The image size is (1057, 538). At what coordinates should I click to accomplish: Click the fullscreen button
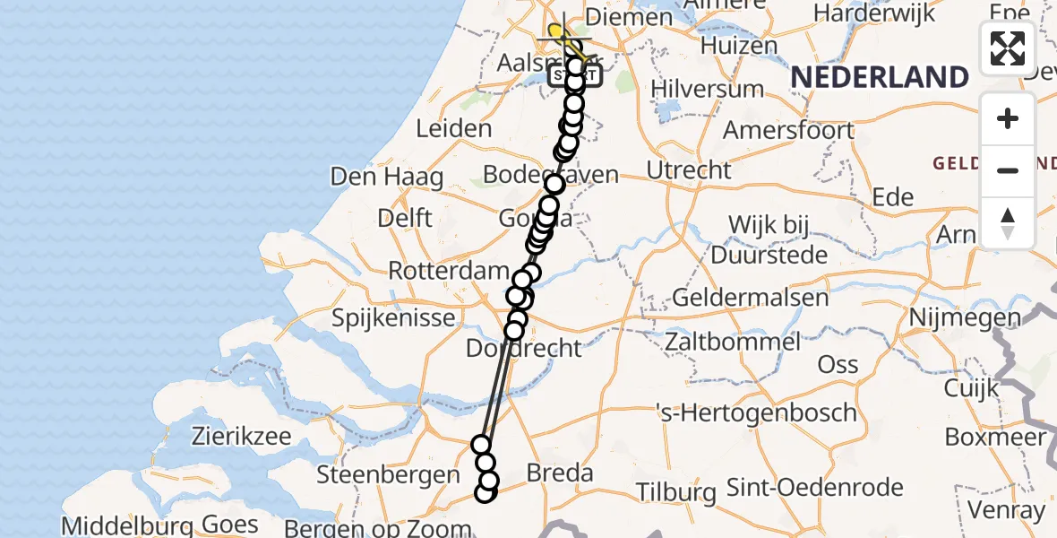point(1008,48)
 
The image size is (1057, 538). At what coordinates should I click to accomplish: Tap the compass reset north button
point(1008,223)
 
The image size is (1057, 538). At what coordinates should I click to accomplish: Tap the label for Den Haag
point(387,177)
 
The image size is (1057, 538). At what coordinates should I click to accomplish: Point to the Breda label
point(560,473)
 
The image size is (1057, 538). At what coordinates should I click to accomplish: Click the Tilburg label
point(676,491)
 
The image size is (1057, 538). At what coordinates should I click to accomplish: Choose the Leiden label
point(454,128)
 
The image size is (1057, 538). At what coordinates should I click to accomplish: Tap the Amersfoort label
point(788,130)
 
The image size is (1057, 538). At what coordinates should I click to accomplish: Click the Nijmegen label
point(965,317)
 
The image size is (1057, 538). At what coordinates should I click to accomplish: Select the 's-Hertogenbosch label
point(756,413)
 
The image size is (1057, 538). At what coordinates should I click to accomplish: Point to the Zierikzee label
point(242,437)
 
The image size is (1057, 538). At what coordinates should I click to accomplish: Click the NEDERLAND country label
point(879,77)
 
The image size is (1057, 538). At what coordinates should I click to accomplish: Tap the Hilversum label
point(708,89)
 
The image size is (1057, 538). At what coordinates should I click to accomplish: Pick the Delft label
point(404,218)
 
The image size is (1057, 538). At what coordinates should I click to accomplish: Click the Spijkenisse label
point(390,317)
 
